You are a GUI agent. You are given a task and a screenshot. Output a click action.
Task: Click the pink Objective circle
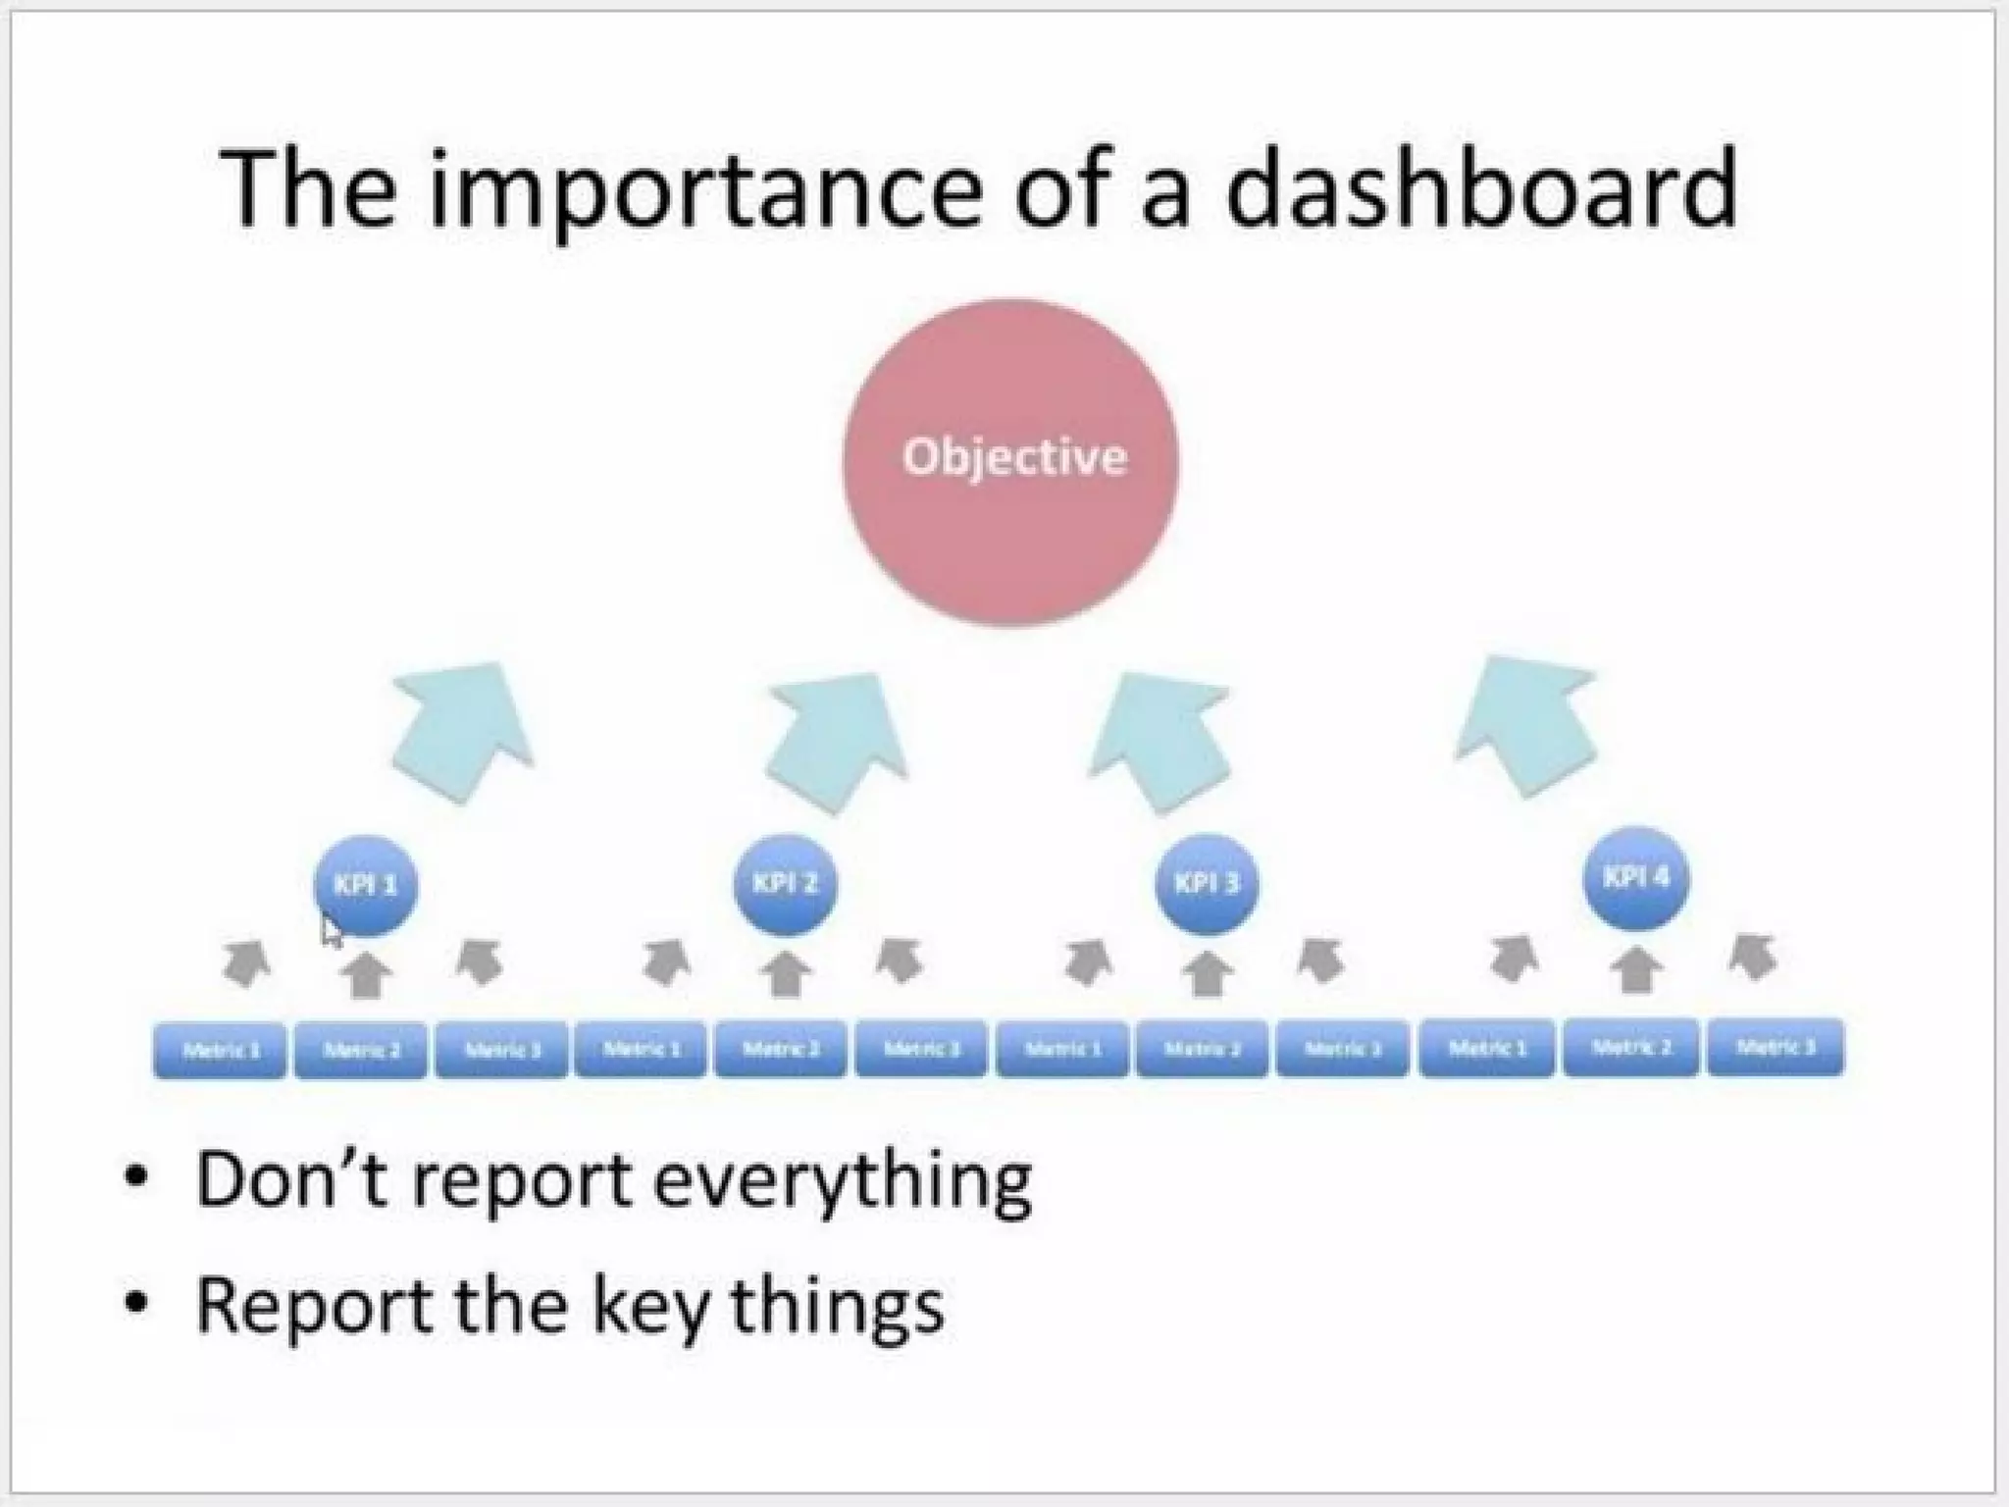tap(1010, 461)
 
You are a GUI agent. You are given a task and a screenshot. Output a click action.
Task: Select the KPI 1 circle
tap(366, 885)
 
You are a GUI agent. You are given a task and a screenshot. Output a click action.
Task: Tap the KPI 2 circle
tap(785, 884)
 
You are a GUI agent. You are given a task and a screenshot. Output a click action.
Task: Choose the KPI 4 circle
tap(1635, 877)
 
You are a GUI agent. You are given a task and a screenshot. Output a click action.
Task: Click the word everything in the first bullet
tap(842, 1182)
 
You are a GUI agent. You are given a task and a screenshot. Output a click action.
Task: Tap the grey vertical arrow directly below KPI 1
tap(366, 974)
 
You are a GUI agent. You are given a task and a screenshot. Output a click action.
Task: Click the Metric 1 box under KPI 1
tap(221, 1049)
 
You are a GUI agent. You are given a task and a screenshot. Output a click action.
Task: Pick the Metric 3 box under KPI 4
tap(1776, 1047)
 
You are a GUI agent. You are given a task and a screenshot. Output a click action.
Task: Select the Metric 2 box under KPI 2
tap(781, 1049)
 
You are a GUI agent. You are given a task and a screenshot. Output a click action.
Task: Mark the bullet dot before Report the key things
tap(137, 1305)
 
